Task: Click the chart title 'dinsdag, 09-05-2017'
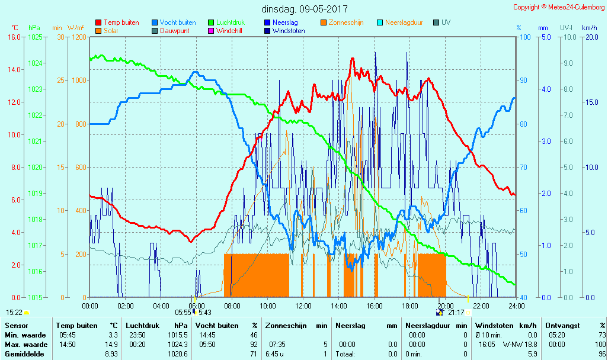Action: pyautogui.click(x=305, y=9)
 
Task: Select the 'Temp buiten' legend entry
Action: pyautogui.click(x=121, y=22)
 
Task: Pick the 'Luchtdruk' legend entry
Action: pyautogui.click(x=230, y=22)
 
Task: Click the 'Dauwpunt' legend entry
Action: pyautogui.click(x=174, y=31)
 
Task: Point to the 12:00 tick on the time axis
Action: pyautogui.click(x=303, y=306)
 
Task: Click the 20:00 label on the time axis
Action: pyautogui.click(x=446, y=306)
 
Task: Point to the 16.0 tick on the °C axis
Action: pyautogui.click(x=14, y=37)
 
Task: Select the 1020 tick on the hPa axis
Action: pyautogui.click(x=35, y=168)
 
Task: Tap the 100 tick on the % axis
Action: pyautogui.click(x=524, y=37)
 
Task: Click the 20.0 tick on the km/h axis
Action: pyautogui.click(x=590, y=37)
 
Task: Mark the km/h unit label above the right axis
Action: pyautogui.click(x=589, y=28)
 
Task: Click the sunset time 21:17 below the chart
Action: pyautogui.click(x=456, y=313)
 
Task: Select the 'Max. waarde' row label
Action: pyautogui.click(x=26, y=345)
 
